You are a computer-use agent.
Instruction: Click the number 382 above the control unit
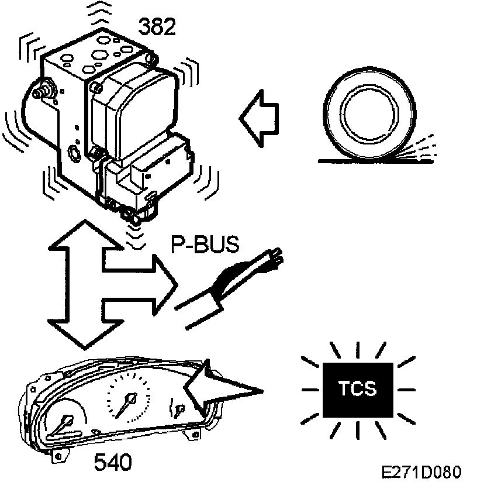click(x=157, y=26)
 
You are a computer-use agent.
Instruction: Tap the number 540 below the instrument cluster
click(x=113, y=463)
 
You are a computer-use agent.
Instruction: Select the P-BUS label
click(x=205, y=245)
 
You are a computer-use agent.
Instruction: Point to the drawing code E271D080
click(x=421, y=471)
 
